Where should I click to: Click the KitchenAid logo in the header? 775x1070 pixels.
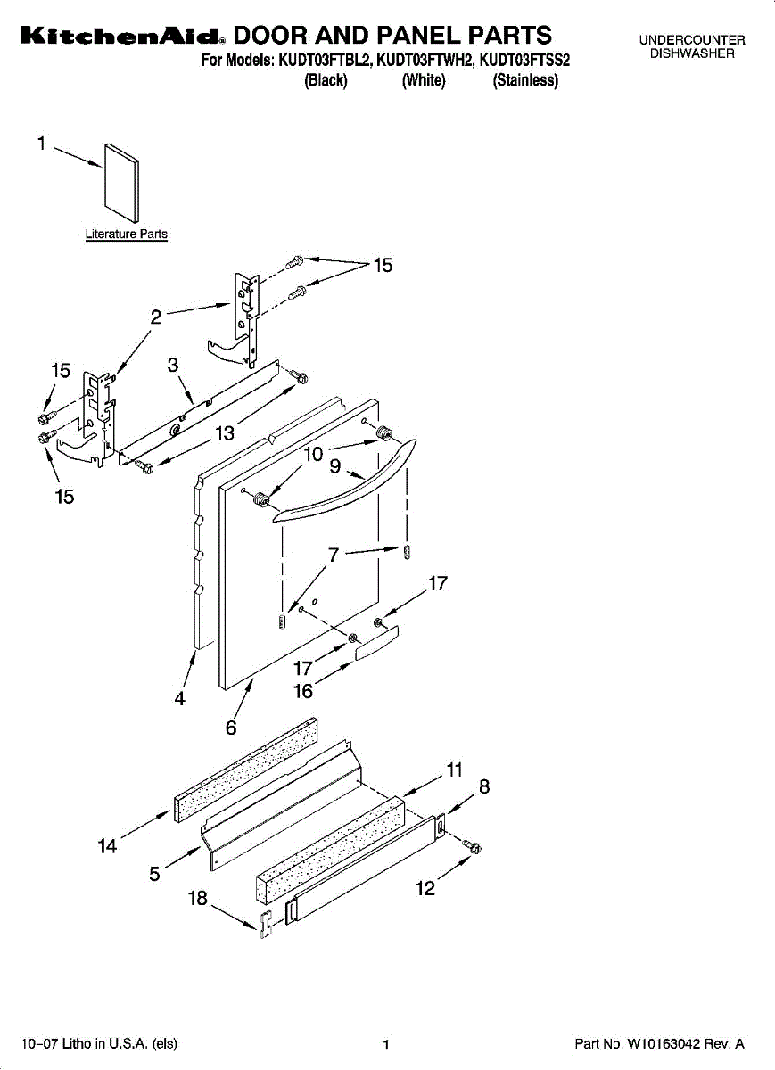tap(121, 37)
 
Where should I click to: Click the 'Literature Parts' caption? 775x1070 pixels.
tap(126, 235)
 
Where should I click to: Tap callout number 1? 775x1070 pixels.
tap(42, 142)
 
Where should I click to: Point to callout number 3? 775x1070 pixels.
tap(173, 365)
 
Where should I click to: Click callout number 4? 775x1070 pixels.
tap(179, 700)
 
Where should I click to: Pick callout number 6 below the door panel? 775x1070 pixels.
tap(231, 728)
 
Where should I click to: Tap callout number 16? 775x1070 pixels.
tap(303, 691)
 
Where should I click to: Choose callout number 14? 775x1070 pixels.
tap(107, 846)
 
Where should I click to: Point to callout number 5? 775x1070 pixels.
tap(154, 875)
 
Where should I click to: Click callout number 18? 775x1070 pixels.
tap(198, 899)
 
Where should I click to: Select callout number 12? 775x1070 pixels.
tap(425, 889)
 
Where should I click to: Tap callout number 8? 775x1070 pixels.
tap(484, 787)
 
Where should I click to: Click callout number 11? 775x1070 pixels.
tap(455, 770)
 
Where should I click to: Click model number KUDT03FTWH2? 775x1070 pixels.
tap(424, 62)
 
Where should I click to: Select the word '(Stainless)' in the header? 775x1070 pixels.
tap(525, 81)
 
